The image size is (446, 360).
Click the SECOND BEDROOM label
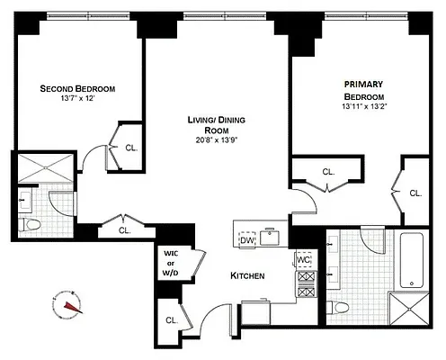coord(76,88)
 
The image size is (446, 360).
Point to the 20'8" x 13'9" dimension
coord(217,139)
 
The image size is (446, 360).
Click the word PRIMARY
coord(364,84)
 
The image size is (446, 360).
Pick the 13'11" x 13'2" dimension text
coord(364,106)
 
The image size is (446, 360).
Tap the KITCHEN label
coord(247,275)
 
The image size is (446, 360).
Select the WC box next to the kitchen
coord(304,260)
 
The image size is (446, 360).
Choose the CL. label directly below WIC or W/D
coord(171,319)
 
